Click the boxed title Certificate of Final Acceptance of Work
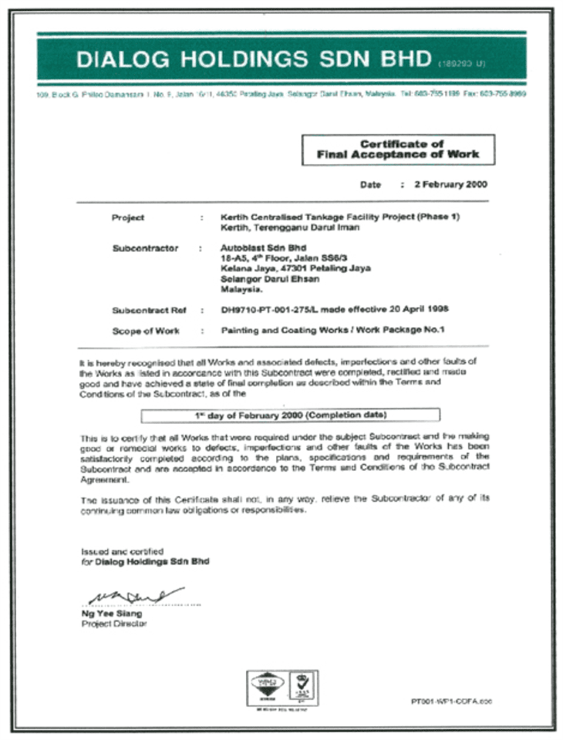tap(397, 149)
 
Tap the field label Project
tap(127, 217)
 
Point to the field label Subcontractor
tap(144, 248)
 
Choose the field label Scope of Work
tap(145, 331)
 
